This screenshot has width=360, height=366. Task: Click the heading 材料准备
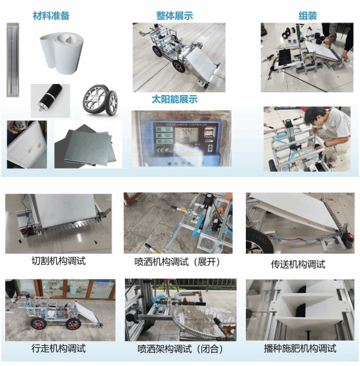pyautogui.click(x=51, y=15)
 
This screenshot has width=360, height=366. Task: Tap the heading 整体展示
pyautogui.click(x=175, y=15)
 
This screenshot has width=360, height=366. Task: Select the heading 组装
pyautogui.click(x=308, y=15)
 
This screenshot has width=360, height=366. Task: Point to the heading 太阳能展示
pyautogui.click(x=175, y=99)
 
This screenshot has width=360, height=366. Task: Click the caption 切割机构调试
pyautogui.click(x=59, y=261)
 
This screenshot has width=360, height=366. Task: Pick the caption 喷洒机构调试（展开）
pyautogui.click(x=178, y=262)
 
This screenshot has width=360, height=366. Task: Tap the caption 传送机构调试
pyautogui.click(x=298, y=264)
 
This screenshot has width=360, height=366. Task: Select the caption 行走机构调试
pyautogui.click(x=59, y=349)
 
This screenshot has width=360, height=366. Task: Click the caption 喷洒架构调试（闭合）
pyautogui.click(x=181, y=349)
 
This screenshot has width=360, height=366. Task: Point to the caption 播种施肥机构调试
pyautogui.click(x=300, y=349)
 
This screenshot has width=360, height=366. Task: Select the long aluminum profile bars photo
pyautogui.click(x=13, y=60)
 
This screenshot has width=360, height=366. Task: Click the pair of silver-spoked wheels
pyautogui.click(x=100, y=100)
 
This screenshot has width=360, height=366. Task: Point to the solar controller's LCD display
pyautogui.click(x=187, y=134)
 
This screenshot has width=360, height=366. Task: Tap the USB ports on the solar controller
pyautogui.click(x=210, y=132)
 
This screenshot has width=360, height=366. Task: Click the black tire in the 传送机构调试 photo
pyautogui.click(x=259, y=240)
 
